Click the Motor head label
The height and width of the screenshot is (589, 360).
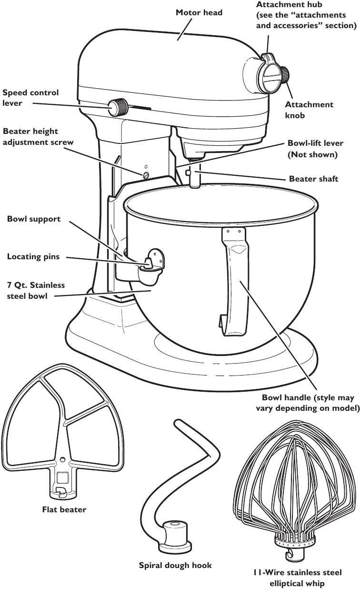coord(199,12)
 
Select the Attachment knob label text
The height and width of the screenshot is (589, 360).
coord(309,110)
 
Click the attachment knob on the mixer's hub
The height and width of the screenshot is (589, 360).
coord(285,75)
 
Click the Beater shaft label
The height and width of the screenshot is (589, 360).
coord(313,179)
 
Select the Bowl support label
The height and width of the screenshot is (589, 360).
coord(34,219)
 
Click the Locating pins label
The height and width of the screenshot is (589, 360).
coord(33,257)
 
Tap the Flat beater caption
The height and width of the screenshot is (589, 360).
coord(64,510)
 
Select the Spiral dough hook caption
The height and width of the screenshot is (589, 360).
coord(175,566)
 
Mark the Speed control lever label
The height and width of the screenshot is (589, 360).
coord(30,97)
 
